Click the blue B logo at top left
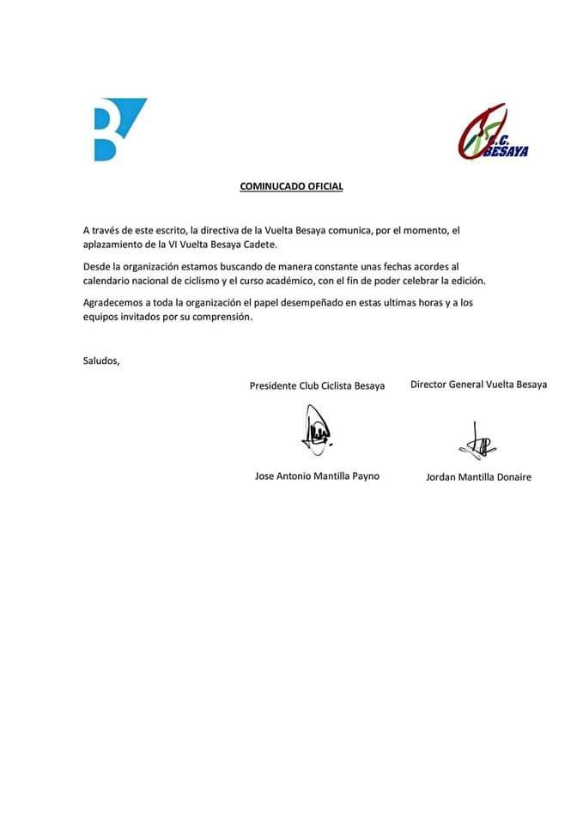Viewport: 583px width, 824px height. [x=118, y=130]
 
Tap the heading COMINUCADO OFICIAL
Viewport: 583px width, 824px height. [x=291, y=186]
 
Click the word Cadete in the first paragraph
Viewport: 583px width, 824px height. [x=258, y=245]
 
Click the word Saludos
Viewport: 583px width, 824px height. [x=101, y=360]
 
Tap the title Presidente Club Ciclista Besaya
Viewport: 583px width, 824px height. [x=317, y=385]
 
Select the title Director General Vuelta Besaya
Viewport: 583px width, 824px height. [x=478, y=385]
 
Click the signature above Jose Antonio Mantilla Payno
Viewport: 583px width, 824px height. [x=316, y=430]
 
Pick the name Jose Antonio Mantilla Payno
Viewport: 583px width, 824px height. [x=317, y=476]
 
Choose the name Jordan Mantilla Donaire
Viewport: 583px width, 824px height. [x=478, y=476]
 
